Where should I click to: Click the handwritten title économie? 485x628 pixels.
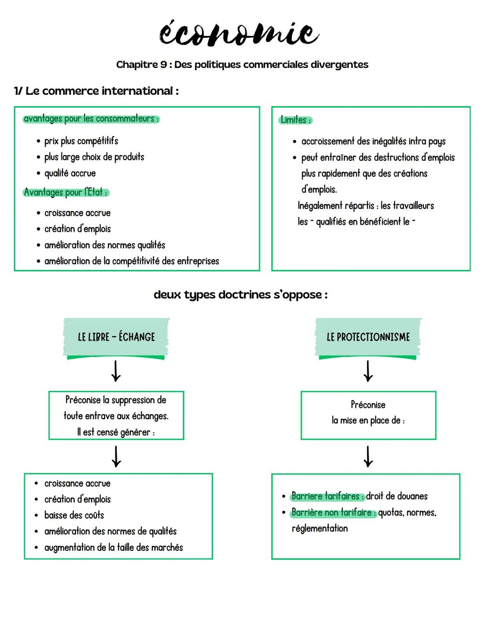[239, 34]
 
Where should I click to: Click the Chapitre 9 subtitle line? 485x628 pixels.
[242, 65]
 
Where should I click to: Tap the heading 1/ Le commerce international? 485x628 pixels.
[96, 91]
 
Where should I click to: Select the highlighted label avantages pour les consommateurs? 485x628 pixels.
[91, 119]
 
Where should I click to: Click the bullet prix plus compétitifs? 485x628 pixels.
[81, 141]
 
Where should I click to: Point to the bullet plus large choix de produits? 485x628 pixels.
[94, 157]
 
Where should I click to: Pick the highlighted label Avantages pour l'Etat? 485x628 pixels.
[66, 192]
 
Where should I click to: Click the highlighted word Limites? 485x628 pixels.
[295, 120]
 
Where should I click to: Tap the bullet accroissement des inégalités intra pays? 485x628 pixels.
[373, 142]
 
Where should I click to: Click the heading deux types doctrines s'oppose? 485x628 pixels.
[241, 295]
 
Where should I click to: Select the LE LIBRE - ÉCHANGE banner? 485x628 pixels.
[116, 337]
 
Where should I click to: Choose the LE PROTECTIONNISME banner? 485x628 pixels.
[368, 337]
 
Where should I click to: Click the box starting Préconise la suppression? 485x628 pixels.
[116, 416]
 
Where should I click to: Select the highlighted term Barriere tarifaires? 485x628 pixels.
[327, 496]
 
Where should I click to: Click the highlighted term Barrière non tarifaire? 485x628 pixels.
[333, 513]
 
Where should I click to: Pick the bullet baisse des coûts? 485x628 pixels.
[74, 515]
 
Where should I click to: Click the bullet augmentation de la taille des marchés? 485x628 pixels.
[113, 548]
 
